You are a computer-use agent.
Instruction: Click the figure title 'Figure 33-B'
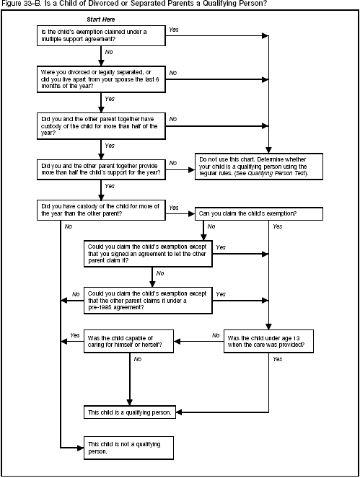point(22,4)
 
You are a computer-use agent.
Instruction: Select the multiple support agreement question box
point(99,36)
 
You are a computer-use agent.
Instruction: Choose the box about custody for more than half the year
point(99,124)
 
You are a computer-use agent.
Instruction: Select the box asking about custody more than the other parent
point(99,210)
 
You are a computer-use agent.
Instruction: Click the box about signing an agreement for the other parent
point(148,253)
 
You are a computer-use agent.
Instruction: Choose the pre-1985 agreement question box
point(148,299)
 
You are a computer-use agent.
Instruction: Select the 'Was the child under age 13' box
point(269,341)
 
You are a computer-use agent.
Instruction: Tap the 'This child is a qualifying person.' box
point(129,412)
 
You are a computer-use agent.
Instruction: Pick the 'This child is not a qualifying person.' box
point(129,447)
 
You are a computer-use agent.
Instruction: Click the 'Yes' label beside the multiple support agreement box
point(173,30)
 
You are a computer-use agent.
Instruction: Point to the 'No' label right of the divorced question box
point(173,73)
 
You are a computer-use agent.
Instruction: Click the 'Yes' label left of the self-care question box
point(75,335)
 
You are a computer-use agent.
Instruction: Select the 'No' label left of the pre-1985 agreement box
point(75,294)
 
